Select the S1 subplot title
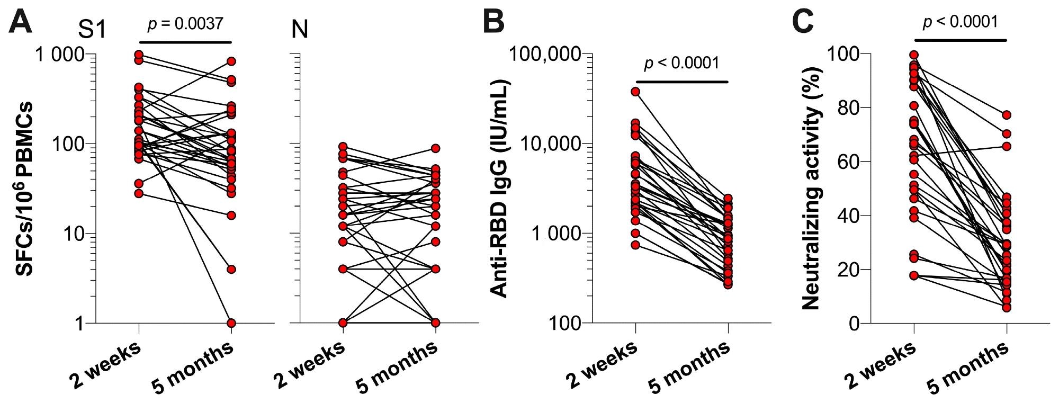click(93, 30)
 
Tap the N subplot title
click(300, 30)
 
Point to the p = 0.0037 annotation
click(185, 24)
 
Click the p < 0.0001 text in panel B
click(682, 64)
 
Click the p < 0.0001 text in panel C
click(960, 22)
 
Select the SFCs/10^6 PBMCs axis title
click(24, 188)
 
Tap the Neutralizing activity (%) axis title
click(811, 188)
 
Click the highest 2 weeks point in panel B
click(635, 92)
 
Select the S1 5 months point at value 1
click(231, 323)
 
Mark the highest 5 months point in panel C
click(1007, 115)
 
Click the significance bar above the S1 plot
click(185, 42)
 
